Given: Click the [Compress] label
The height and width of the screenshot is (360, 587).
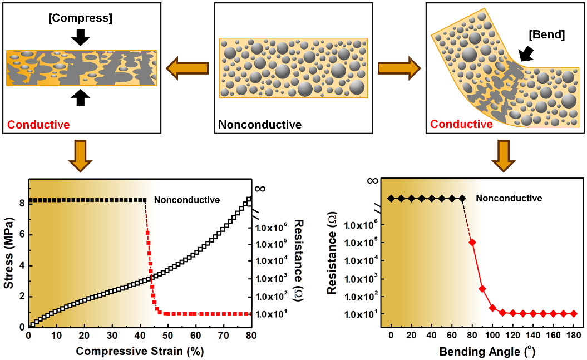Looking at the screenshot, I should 81,18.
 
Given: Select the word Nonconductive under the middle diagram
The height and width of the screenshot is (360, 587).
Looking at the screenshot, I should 260,125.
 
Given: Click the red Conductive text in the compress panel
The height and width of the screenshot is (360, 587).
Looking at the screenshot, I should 38,125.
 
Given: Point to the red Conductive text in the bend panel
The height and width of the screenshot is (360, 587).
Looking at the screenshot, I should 461,124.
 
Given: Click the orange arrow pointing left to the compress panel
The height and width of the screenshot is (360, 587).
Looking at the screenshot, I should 188,68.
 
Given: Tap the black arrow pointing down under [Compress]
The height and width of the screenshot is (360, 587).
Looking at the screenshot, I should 81,37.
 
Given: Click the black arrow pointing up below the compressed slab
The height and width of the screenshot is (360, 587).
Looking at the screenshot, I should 81,97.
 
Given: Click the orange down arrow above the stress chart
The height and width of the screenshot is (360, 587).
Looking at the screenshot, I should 81,157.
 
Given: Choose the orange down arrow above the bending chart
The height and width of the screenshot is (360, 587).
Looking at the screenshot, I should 504,157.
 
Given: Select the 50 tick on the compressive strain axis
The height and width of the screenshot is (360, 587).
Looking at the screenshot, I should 167,335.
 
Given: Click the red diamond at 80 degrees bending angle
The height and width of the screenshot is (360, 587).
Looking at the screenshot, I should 472,242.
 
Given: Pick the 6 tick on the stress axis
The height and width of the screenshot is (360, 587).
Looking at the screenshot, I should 21,234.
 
